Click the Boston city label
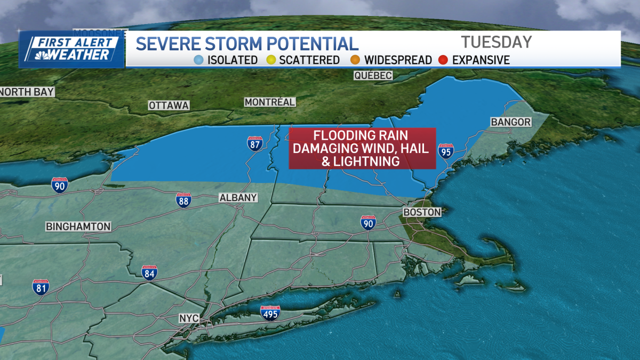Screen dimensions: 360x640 pyautogui.click(x=422, y=212)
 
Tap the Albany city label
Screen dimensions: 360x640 pyautogui.click(x=238, y=198)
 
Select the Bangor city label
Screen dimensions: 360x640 pyautogui.click(x=510, y=122)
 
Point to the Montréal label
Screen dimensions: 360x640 pyautogui.click(x=269, y=102)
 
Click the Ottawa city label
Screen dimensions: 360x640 pyautogui.click(x=169, y=106)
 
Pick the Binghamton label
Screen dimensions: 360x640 pyautogui.click(x=78, y=227)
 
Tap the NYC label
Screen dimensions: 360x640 pyautogui.click(x=189, y=318)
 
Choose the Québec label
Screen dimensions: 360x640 pyautogui.click(x=373, y=76)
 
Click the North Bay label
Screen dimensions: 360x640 pyautogui.click(x=27, y=92)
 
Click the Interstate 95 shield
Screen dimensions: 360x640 pyautogui.click(x=446, y=151)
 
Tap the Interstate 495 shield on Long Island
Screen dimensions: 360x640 pyautogui.click(x=270, y=313)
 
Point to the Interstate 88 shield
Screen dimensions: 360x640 pyautogui.click(x=184, y=200)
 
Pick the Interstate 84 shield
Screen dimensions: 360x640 pyautogui.click(x=149, y=273)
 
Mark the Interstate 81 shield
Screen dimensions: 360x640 pyautogui.click(x=41, y=287)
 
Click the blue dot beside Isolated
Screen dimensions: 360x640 pyautogui.click(x=198, y=60)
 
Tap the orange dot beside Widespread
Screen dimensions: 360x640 pyautogui.click(x=356, y=60)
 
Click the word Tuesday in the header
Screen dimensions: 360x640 pyautogui.click(x=496, y=42)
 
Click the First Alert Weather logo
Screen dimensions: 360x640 pyautogui.click(x=71, y=49)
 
